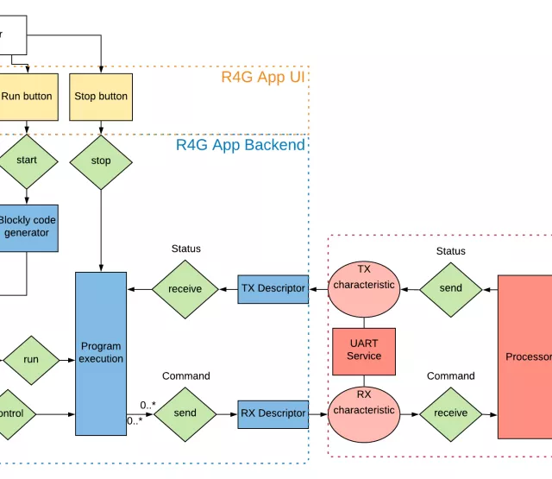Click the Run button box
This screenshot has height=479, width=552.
pyautogui.click(x=27, y=97)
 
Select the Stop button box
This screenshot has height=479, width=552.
pyautogui.click(x=101, y=97)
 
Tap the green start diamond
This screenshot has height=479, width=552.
pyautogui.click(x=26, y=161)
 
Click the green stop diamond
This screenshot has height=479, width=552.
pyautogui.click(x=101, y=161)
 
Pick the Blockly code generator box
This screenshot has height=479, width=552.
pyautogui.click(x=27, y=226)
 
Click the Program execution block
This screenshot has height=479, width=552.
pyautogui.click(x=101, y=353)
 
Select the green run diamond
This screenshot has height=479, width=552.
pyautogui.click(x=31, y=360)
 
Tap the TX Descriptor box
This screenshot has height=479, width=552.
pyautogui.click(x=273, y=288)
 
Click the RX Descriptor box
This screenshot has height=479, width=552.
pyautogui.click(x=273, y=413)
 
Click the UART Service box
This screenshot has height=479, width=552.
pyautogui.click(x=364, y=350)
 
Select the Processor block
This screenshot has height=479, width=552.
pyautogui.click(x=525, y=356)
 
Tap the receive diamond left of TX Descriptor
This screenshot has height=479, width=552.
pyautogui.click(x=185, y=289)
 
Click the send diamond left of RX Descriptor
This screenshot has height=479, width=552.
pyautogui.click(x=185, y=413)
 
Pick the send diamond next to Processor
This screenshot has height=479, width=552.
pyautogui.click(x=451, y=288)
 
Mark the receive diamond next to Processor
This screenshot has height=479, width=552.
pyautogui.click(x=451, y=413)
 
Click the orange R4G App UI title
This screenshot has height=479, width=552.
pyautogui.click(x=263, y=77)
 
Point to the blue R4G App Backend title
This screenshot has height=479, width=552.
pyautogui.click(x=241, y=145)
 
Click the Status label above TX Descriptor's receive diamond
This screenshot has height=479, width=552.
pyautogui.click(x=185, y=249)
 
